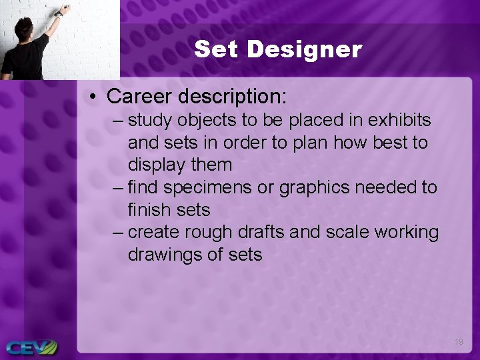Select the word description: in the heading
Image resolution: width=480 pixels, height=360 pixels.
pos(232,97)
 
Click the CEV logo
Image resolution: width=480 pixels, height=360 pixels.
pos(31,347)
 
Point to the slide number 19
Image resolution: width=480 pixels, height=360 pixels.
pos(459,342)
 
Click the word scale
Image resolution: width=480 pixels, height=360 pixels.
pos(348,233)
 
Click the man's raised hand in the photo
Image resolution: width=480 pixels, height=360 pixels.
pos(64,10)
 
